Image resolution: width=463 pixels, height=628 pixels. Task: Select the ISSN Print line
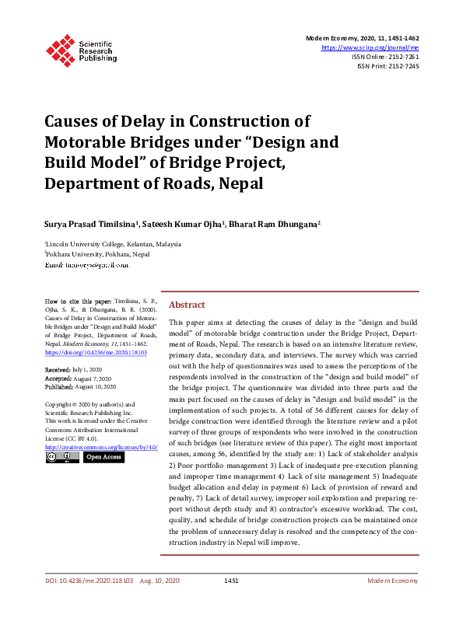click(x=388, y=66)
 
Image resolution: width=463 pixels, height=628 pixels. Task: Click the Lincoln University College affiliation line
click(x=113, y=243)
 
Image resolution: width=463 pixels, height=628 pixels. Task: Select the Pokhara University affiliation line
click(x=97, y=254)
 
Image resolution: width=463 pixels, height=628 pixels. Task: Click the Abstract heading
click(x=187, y=305)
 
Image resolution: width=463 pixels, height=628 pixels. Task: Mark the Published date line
click(x=80, y=386)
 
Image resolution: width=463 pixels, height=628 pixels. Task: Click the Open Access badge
click(x=103, y=458)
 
